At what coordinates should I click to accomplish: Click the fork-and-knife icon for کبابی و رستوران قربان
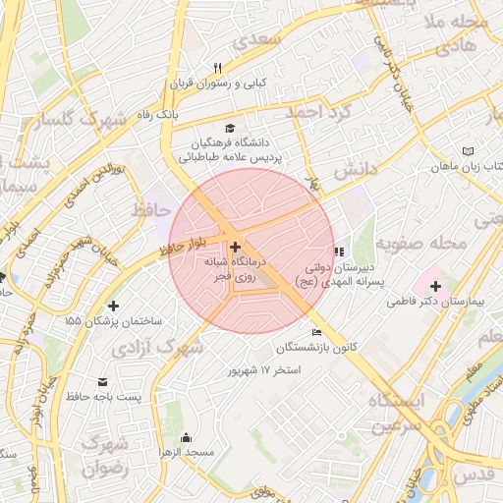[218, 68]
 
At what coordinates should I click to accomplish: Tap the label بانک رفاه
[157, 115]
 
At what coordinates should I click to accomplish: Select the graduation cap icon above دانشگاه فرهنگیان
[230, 128]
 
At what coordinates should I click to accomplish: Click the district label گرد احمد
[318, 112]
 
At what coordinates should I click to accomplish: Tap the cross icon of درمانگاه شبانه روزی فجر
[234, 246]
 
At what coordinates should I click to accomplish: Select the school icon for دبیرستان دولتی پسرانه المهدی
[340, 251]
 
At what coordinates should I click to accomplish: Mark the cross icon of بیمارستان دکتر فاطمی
[435, 286]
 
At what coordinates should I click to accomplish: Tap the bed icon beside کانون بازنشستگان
[315, 333]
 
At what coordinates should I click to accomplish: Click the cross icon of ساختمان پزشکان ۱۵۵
[114, 307]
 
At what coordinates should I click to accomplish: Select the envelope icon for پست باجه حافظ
[103, 381]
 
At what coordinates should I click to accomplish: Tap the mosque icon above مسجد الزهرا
[186, 437]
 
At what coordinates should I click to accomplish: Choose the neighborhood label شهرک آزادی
[157, 349]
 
